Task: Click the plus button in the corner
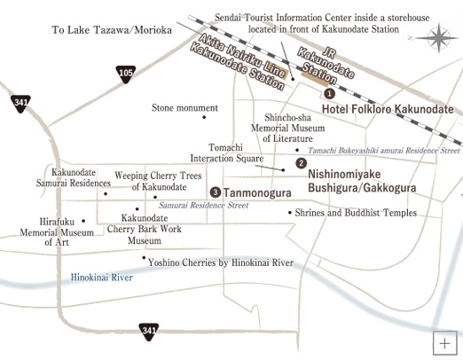coord(444,342)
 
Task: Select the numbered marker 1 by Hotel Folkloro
coord(329,93)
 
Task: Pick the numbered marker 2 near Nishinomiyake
coord(301,163)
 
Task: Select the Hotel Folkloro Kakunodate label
coord(388,108)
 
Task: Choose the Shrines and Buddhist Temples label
coord(354,213)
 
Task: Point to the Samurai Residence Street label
coord(204,205)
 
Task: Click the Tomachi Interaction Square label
coord(235,153)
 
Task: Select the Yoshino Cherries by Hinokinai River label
coord(221,262)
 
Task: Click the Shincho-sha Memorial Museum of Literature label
coord(289,128)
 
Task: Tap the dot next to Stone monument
coord(204,116)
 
